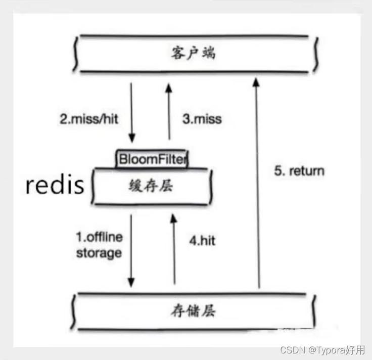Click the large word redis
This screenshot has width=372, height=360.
(55, 186)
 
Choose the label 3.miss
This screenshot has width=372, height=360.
(201, 120)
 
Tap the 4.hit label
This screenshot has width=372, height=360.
(202, 241)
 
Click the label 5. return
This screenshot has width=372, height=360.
(299, 170)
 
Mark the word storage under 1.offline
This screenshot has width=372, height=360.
(99, 252)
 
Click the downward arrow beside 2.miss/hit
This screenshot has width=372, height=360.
(132, 111)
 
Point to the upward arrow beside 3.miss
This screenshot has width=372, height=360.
(169, 111)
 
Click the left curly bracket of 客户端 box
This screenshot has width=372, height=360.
(76, 54)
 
